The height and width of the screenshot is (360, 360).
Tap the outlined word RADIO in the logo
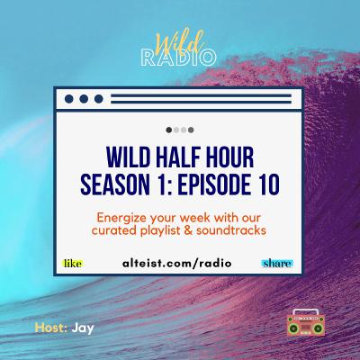click(178, 58)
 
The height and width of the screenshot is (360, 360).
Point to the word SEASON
click(115, 184)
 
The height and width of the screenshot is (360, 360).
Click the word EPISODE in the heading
click(214, 184)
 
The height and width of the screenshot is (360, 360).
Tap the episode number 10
click(267, 184)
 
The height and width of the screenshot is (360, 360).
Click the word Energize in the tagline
click(122, 218)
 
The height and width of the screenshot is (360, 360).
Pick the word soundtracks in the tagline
click(231, 230)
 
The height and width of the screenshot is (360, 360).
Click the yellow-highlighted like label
click(73, 264)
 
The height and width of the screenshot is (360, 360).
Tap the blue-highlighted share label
click(277, 264)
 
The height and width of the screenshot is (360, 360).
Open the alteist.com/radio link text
click(177, 263)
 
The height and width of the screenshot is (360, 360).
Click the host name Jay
click(83, 328)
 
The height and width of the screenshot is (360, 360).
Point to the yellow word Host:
click(51, 328)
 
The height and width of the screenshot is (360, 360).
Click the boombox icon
click(306, 322)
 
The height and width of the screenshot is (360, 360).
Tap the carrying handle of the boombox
click(306, 311)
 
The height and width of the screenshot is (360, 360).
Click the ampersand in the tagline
click(189, 230)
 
